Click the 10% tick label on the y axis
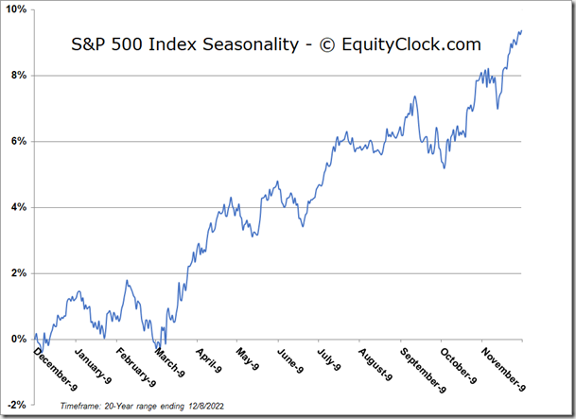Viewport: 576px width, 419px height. tap(17, 9)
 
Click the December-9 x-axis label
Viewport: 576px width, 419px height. tap(56, 367)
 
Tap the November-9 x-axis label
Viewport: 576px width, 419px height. tap(503, 369)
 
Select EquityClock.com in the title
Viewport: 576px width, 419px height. tap(412, 44)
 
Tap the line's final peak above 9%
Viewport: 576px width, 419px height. tap(521, 30)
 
